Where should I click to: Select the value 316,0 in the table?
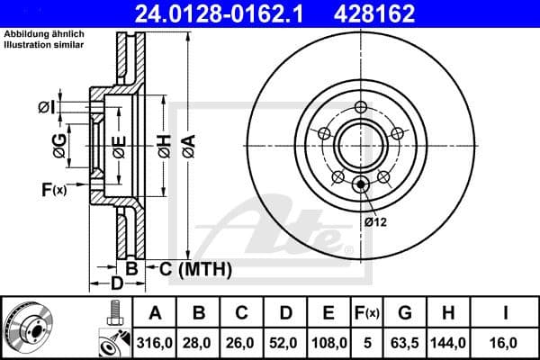click(x=155, y=342)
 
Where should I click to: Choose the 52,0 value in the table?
click(x=285, y=342)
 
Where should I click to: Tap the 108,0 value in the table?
click(x=329, y=342)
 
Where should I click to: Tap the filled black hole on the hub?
click(x=362, y=186)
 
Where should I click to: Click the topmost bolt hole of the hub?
click(x=362, y=108)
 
